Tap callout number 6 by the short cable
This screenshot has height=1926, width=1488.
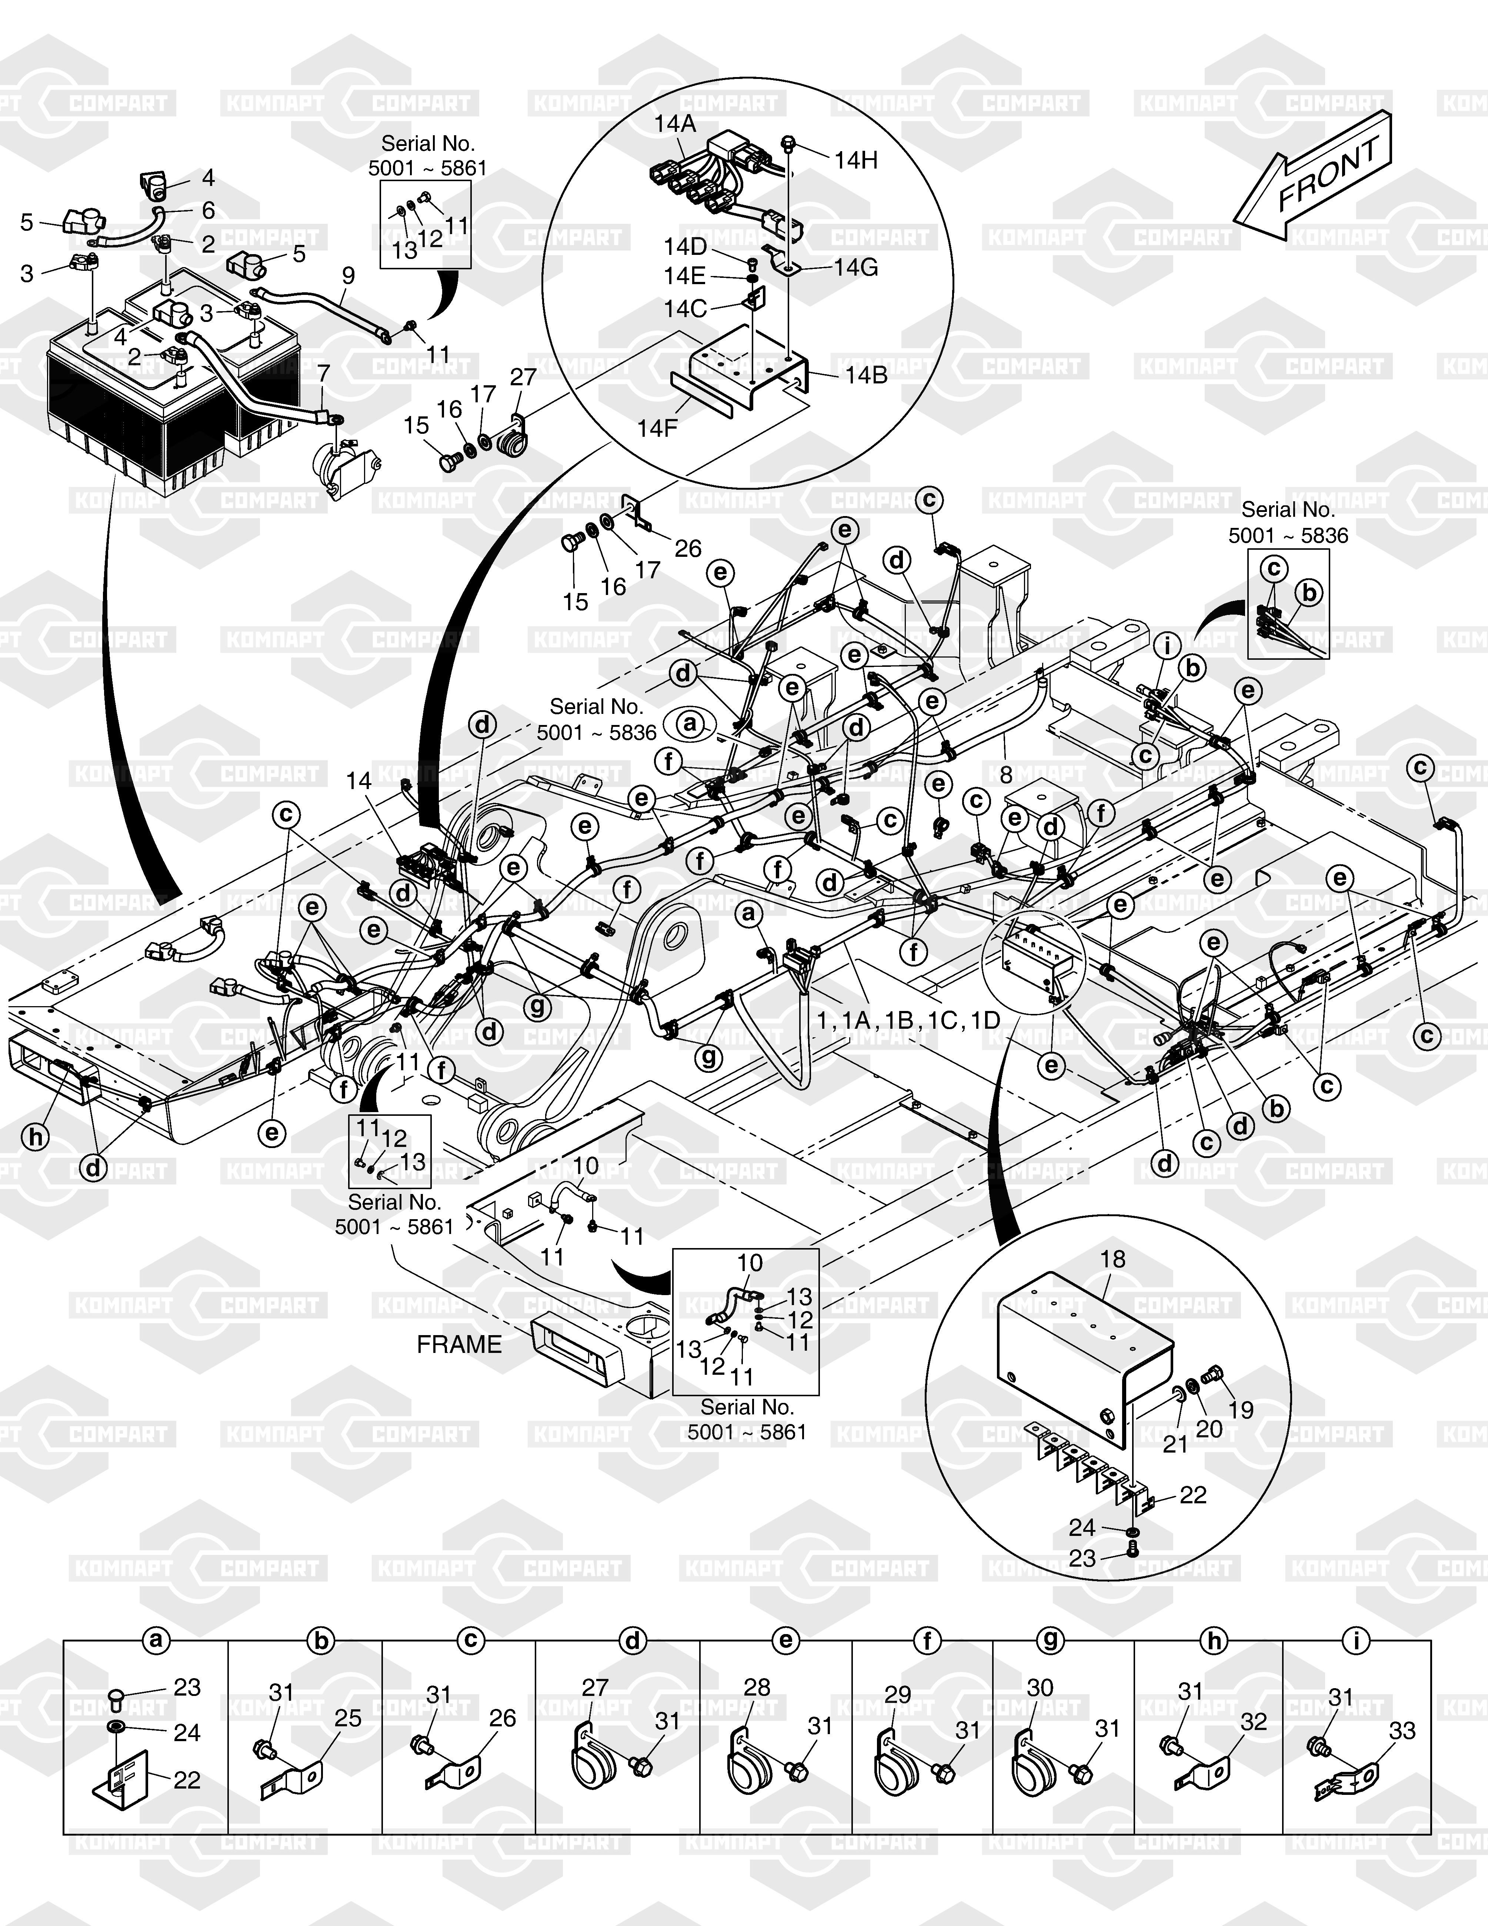coord(208,210)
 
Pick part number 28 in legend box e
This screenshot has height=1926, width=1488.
coord(757,1687)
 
